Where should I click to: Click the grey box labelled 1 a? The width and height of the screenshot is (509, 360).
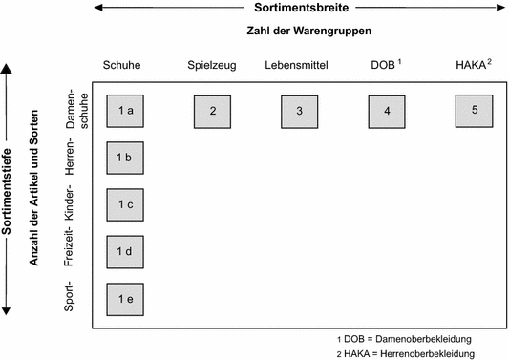124,112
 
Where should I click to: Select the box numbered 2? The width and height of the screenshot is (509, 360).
213,112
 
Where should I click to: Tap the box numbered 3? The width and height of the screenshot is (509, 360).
299,112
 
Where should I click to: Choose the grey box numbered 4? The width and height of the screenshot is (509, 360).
387,112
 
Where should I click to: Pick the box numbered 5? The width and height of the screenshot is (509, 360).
474,110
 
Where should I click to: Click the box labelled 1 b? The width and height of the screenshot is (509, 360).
124,158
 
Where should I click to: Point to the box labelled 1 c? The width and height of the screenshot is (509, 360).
124,204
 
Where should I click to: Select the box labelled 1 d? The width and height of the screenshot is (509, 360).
124,251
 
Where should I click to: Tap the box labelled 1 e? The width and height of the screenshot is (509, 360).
124,299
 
